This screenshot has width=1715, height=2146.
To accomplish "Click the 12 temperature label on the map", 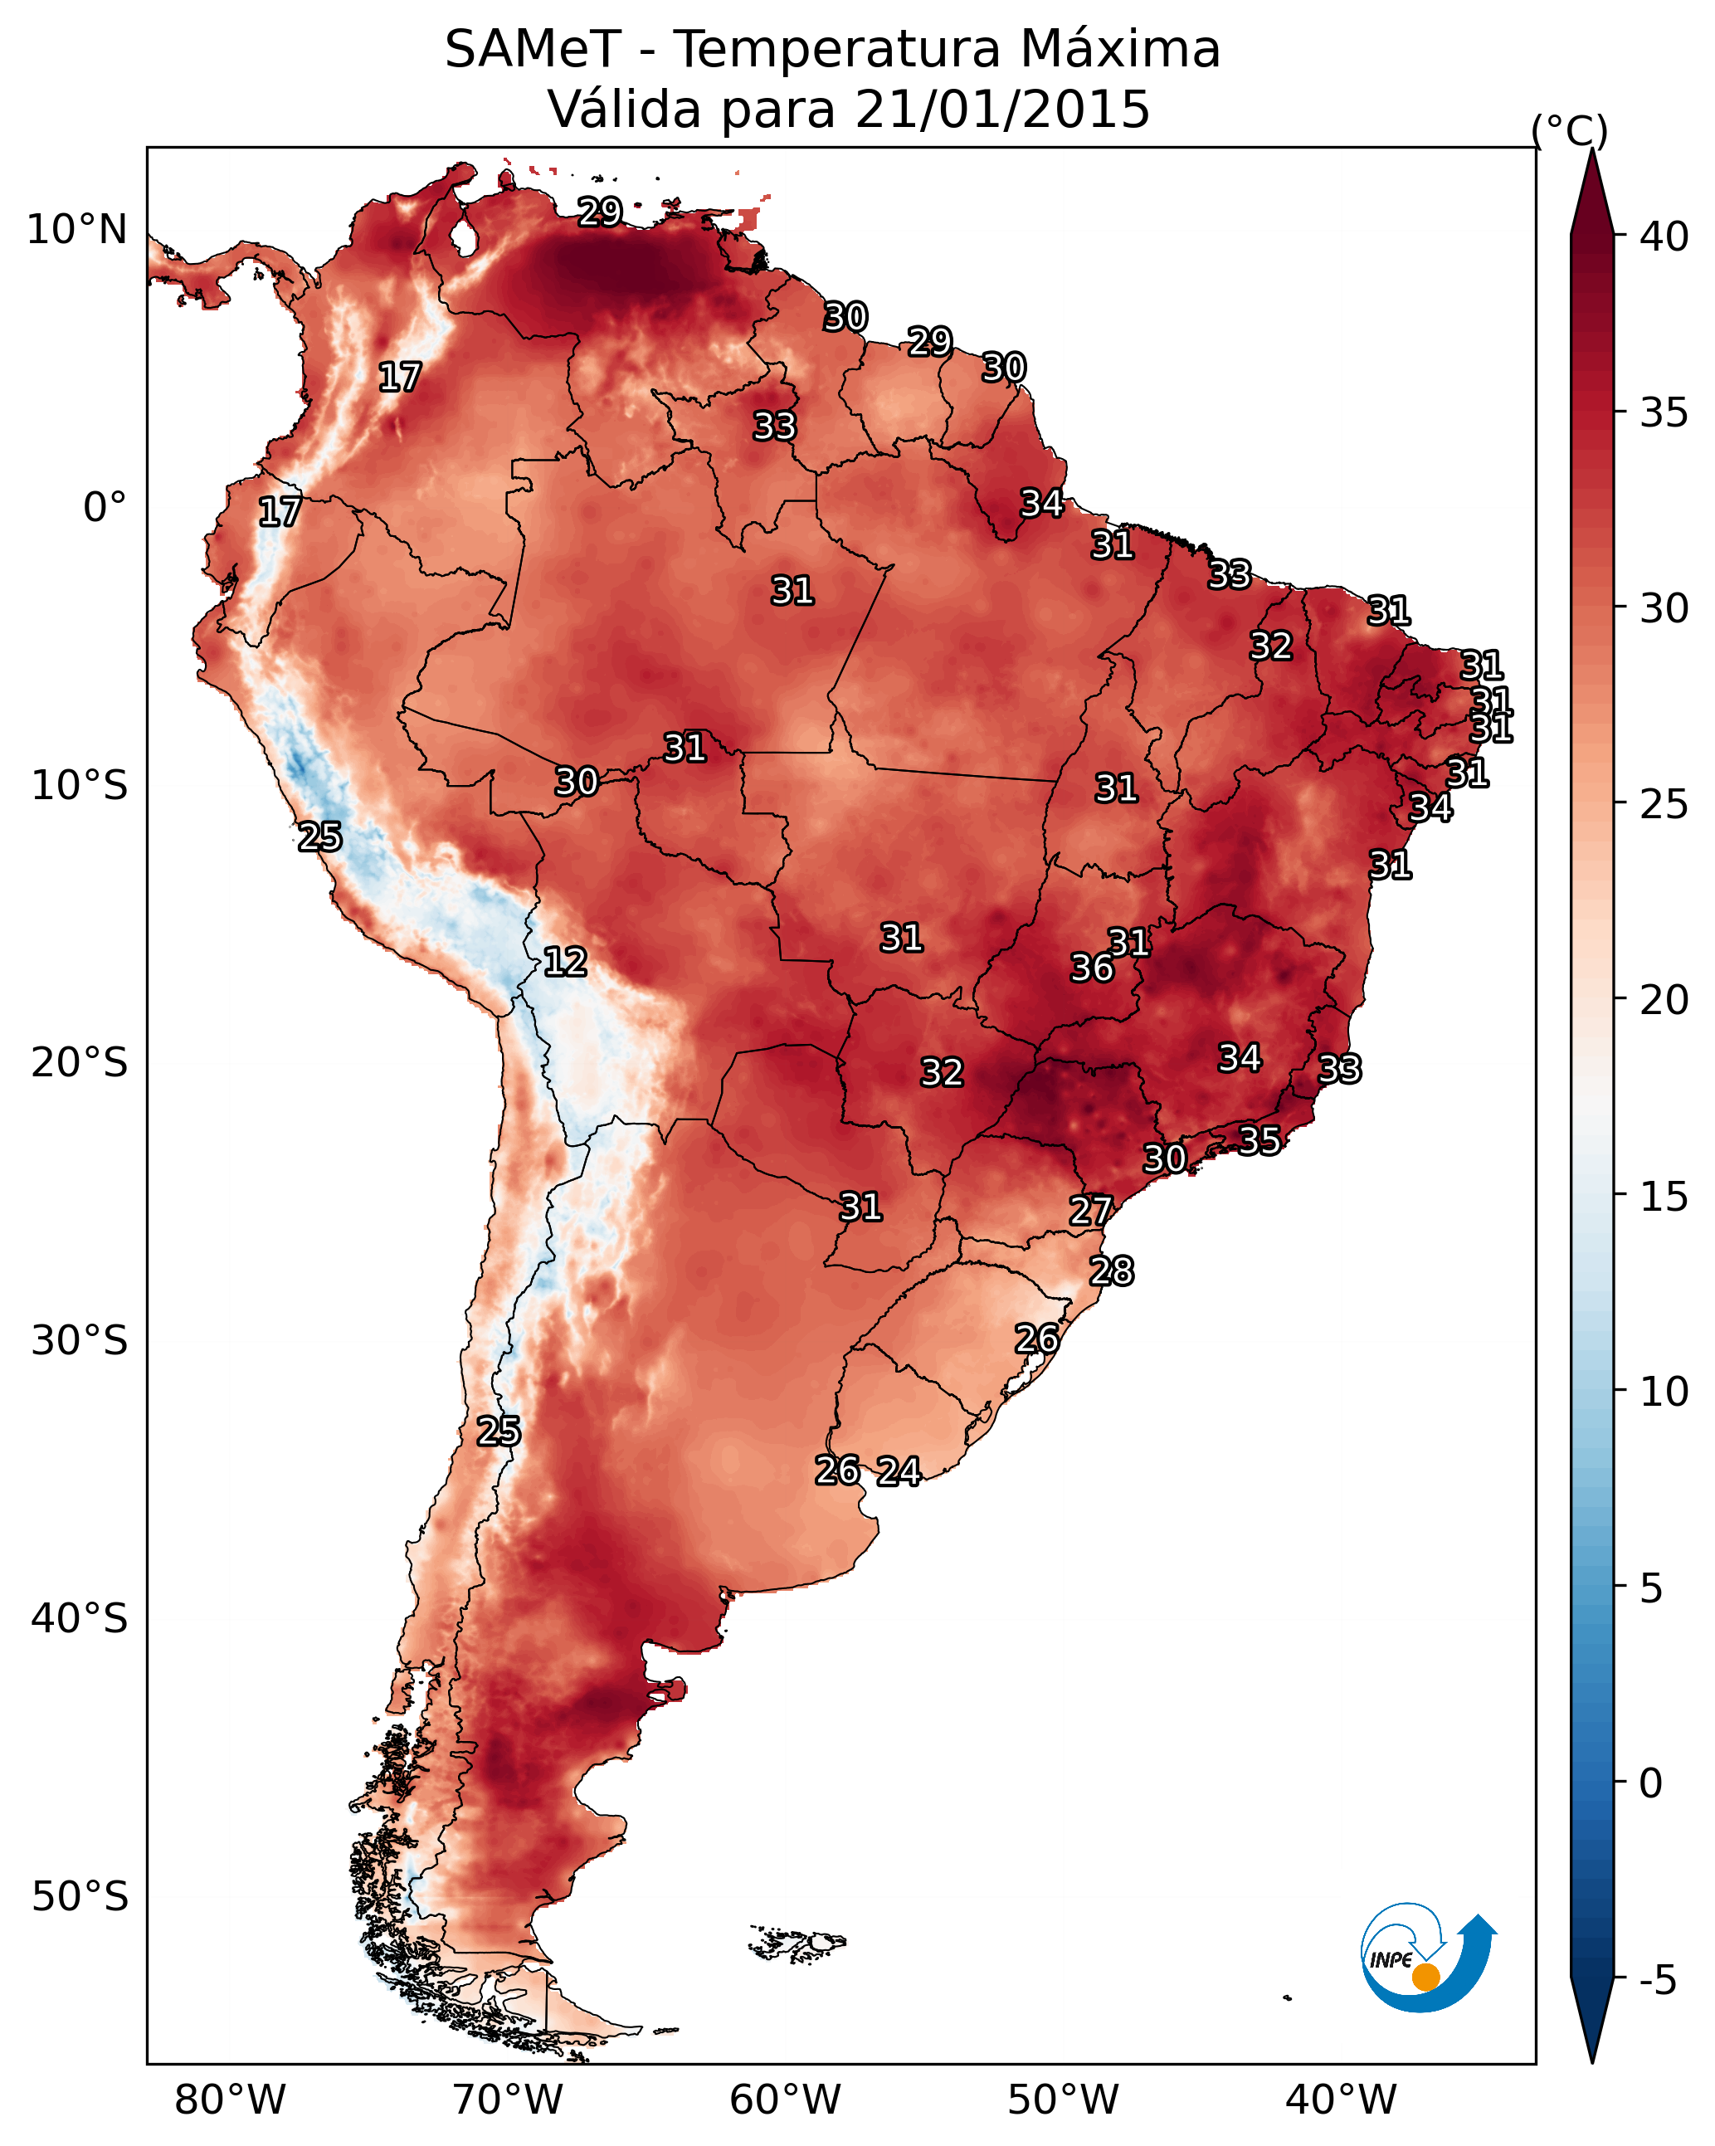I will point(564,962).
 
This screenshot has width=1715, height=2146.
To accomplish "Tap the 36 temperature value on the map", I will point(1092,968).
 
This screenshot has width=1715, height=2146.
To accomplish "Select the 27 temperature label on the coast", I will point(1090,1211).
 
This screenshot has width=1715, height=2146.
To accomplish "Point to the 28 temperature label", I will point(1111,1271).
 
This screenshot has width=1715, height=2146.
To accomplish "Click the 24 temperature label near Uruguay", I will point(898,1471).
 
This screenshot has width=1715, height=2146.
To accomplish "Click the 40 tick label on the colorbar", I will point(1664,237).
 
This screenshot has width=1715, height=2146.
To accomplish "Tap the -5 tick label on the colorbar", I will point(1659,1981).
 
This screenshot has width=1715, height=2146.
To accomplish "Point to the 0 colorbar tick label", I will point(1651,1783).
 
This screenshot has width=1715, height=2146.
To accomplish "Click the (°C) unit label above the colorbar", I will point(1570,130).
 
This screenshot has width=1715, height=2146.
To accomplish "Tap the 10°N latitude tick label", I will point(76,230).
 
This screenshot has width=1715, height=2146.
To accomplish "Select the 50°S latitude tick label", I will point(80,1896).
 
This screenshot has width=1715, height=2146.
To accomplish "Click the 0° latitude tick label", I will point(105,508).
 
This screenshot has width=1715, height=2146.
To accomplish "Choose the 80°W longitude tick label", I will point(230,2100).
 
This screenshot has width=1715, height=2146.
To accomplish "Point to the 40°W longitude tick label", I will point(1341,2100).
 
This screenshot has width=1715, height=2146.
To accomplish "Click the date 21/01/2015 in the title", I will point(1001,110).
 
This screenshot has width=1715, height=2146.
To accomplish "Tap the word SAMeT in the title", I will point(533,50).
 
